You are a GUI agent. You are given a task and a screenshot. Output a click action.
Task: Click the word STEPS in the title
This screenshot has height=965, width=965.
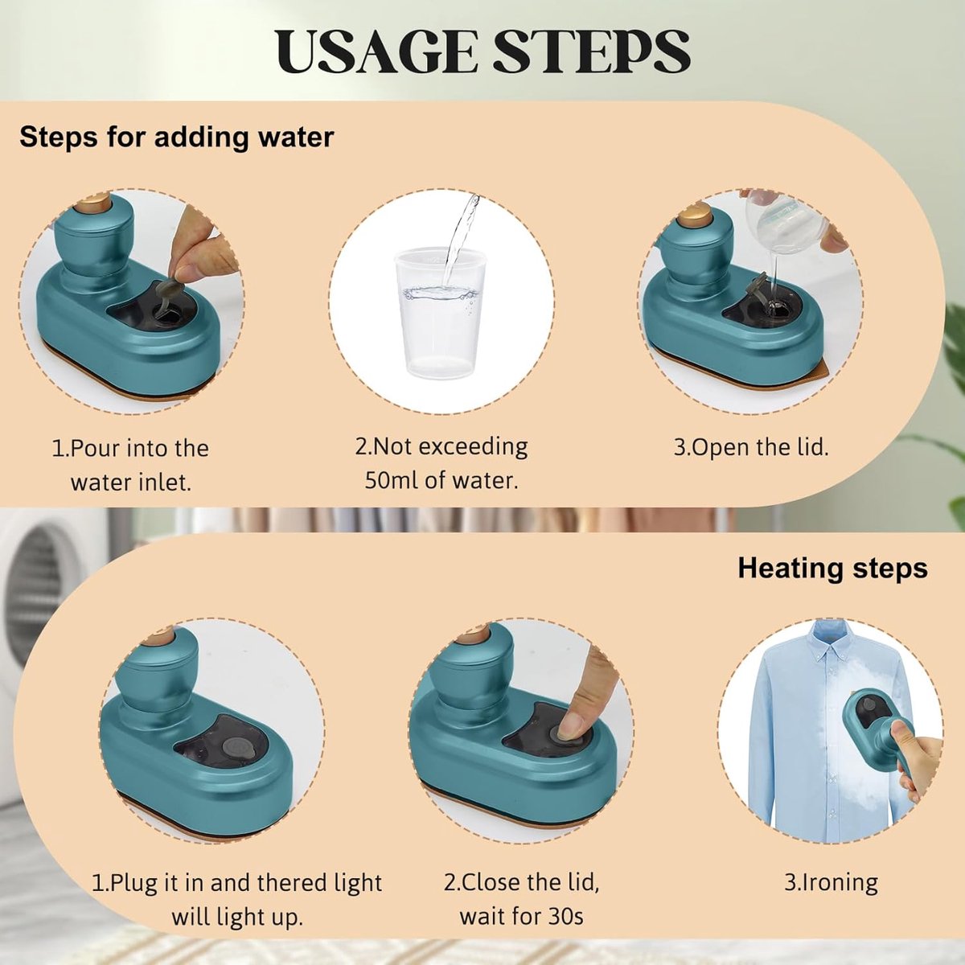pyautogui.click(x=593, y=51)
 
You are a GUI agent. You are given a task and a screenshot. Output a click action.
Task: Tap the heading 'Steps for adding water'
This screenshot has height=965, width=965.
pyautogui.click(x=177, y=138)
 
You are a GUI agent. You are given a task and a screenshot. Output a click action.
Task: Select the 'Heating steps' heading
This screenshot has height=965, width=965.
pyautogui.click(x=833, y=569)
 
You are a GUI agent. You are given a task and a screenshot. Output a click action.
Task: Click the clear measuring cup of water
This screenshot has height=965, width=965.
pyautogui.click(x=441, y=312)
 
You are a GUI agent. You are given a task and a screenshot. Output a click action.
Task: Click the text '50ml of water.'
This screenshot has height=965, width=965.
pyautogui.click(x=441, y=480)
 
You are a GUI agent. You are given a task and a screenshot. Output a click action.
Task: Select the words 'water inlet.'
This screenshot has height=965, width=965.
pyautogui.click(x=131, y=482)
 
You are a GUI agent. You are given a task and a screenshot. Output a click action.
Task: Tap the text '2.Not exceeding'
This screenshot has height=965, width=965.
pyautogui.click(x=441, y=446)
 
